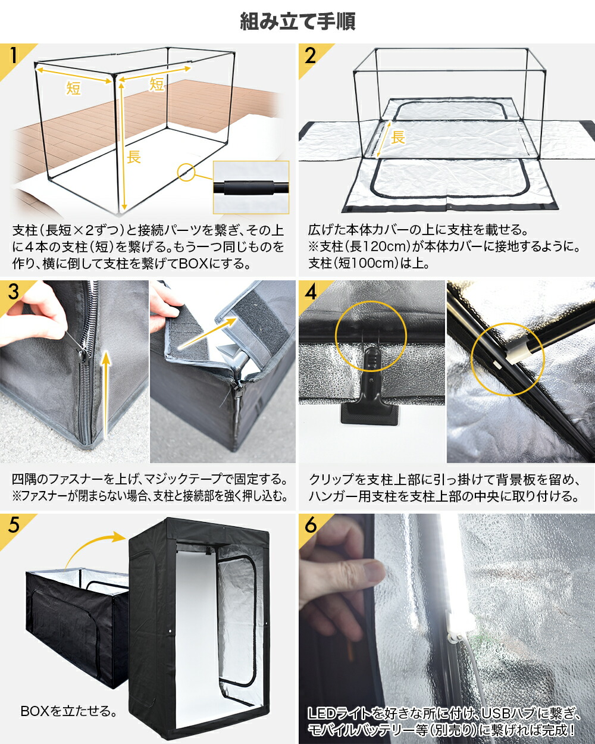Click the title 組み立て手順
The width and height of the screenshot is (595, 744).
click(297, 22)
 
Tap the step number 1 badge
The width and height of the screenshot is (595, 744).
click(14, 56)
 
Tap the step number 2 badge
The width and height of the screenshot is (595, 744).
click(310, 56)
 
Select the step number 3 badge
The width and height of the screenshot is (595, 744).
click(14, 293)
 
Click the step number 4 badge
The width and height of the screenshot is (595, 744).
click(310, 293)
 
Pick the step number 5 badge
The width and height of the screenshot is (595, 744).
click(14, 526)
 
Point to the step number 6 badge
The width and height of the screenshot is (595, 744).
click(310, 526)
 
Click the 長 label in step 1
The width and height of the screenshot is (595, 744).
click(134, 157)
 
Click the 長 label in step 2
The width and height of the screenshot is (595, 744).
click(397, 137)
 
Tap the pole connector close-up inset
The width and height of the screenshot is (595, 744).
click(250, 187)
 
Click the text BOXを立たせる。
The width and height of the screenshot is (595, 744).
click(68, 711)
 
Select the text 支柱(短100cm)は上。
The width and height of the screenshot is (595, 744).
click(369, 263)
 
